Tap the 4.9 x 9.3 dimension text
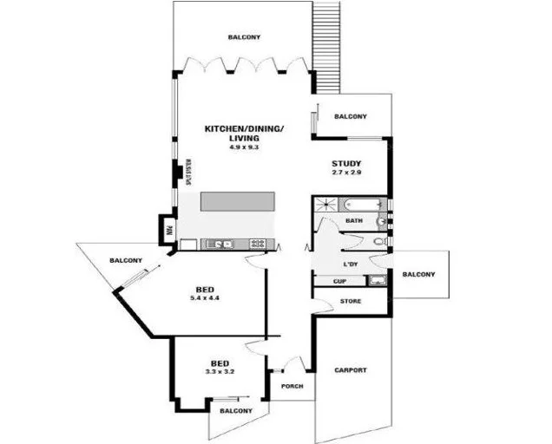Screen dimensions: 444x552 [x=244, y=147]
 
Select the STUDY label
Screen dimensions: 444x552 [x=346, y=164]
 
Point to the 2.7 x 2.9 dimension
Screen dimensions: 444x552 [x=346, y=173]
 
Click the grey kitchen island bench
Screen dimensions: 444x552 [x=238, y=201]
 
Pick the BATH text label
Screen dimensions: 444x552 [x=353, y=221]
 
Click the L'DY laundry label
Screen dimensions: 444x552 [x=352, y=264]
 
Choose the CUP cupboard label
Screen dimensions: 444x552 [x=340, y=281]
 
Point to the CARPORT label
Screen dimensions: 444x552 [x=351, y=370]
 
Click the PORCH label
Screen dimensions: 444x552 [x=292, y=386]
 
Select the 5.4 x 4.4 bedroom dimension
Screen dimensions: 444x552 [x=207, y=298]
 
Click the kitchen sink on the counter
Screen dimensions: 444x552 [x=220, y=245]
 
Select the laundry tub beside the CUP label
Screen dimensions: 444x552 [x=377, y=280]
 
